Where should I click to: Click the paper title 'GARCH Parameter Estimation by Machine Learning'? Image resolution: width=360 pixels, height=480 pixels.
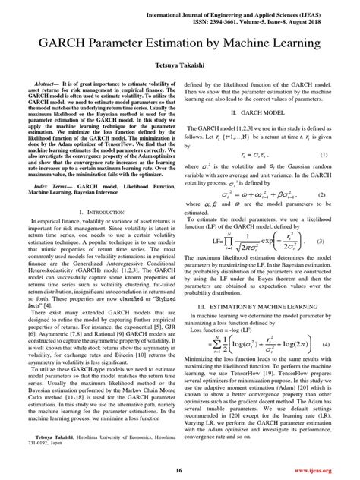[x=180, y=43]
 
